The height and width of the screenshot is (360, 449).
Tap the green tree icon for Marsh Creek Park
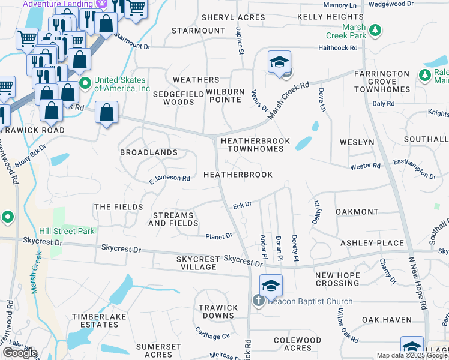pos(375,29)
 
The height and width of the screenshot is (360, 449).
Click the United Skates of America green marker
pos(85,83)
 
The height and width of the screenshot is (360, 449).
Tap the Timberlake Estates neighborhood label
pos(95,320)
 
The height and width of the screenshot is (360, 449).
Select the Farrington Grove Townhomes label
pos(382,81)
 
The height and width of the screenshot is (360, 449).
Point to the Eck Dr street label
pos(242,205)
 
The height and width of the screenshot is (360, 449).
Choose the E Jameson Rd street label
pos(170,178)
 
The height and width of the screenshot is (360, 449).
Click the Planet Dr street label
pos(219,236)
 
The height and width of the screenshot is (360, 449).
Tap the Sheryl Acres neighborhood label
pos(234,17)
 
